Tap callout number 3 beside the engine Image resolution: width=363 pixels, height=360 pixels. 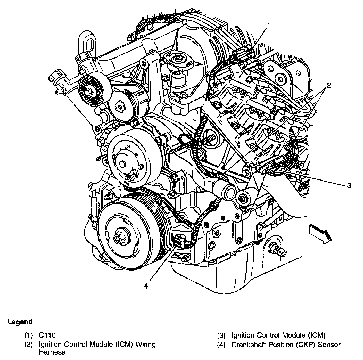(x=349, y=185)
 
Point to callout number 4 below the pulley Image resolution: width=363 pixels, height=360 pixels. (x=146, y=286)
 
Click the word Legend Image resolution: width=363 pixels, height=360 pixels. (x=20, y=322)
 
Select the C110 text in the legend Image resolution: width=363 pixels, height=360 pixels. (x=47, y=335)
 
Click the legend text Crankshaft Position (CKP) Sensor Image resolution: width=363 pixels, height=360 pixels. (x=286, y=345)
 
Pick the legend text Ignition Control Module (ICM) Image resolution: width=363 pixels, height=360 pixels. (x=278, y=335)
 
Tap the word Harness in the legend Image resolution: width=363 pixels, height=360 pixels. (x=52, y=352)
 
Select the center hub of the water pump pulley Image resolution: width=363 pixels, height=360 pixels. (x=123, y=164)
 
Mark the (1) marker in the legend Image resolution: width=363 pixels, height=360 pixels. (x=29, y=335)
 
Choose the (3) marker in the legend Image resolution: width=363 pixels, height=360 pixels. (x=221, y=335)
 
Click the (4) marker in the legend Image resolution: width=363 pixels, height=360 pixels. (x=221, y=345)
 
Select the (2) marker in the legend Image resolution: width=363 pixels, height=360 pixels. (x=29, y=345)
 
